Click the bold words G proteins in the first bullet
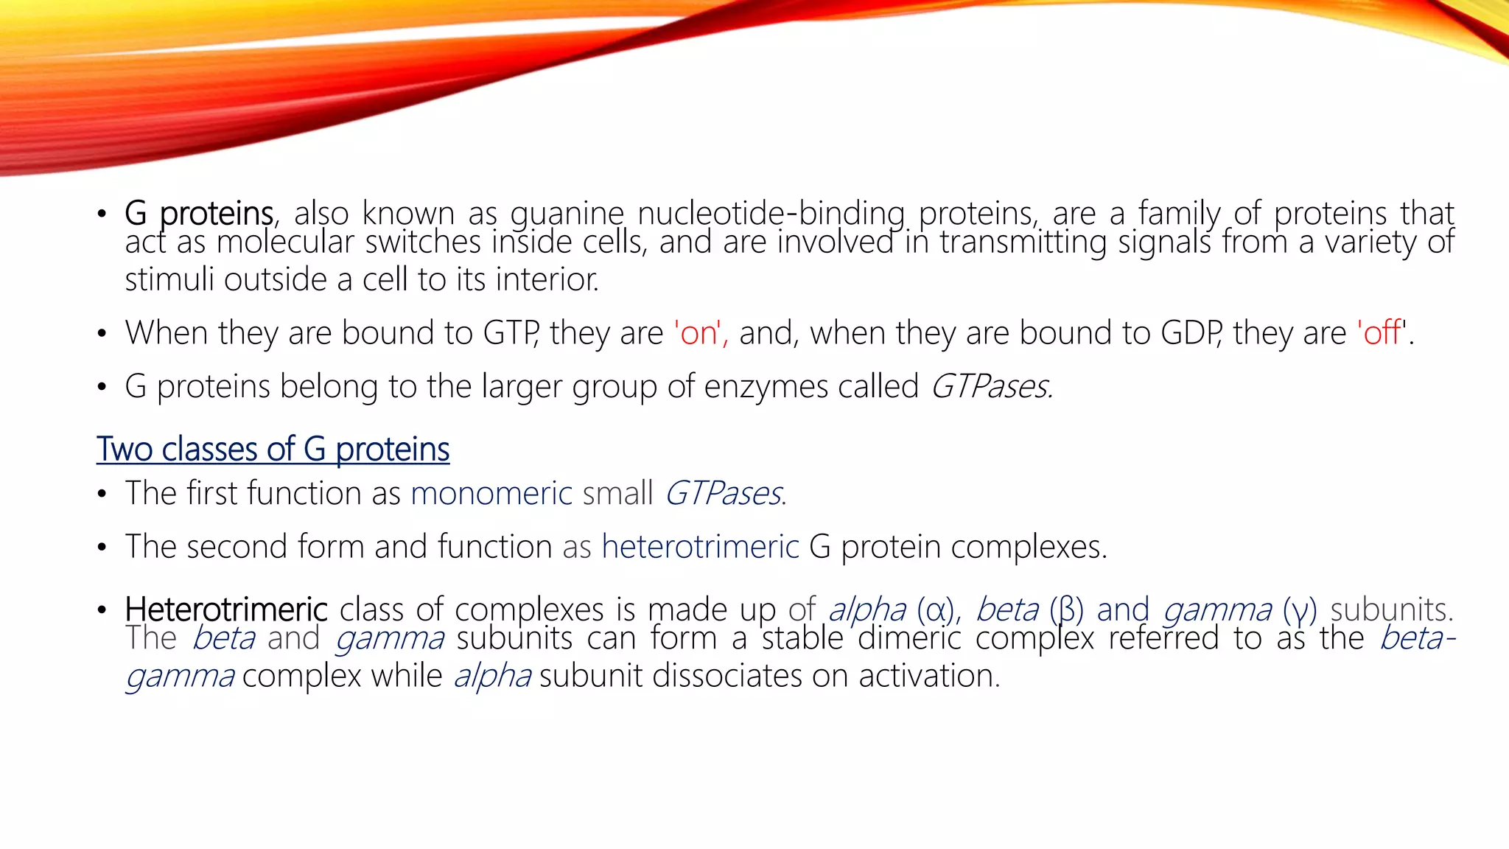199,214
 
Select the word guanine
567,214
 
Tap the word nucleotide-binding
771,214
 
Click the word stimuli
169,280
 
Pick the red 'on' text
700,333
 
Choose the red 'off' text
1381,333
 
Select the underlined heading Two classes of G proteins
273,450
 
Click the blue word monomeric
491,493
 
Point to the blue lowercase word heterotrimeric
700,547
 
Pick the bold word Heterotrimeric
226,610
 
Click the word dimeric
909,638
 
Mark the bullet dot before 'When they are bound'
102,334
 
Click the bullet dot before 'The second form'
102,548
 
